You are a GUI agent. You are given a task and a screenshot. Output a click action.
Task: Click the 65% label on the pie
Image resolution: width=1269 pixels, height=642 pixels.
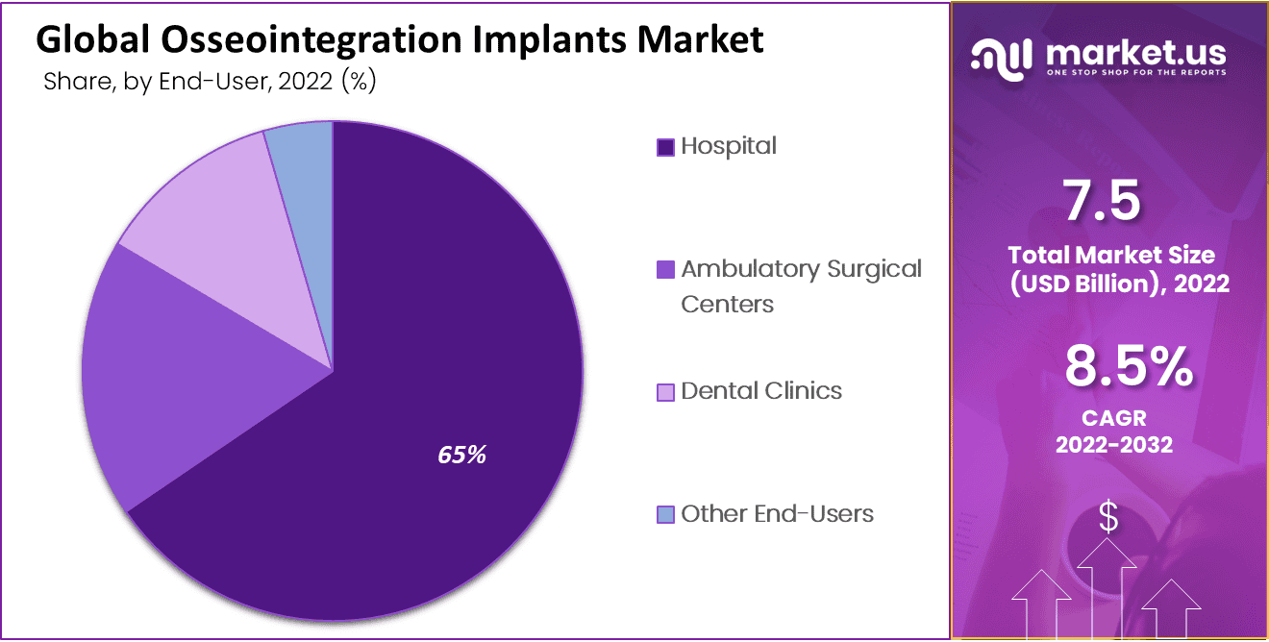tap(461, 455)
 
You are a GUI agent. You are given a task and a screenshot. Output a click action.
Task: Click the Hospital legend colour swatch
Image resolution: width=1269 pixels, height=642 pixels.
tap(665, 147)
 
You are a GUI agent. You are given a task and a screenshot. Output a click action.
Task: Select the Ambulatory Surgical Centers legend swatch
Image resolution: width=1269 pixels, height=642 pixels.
tap(665, 270)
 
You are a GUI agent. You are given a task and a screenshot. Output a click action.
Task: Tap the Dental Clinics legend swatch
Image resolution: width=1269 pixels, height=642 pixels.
tap(665, 392)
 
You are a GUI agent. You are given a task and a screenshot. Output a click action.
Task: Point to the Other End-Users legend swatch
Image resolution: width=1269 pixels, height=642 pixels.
tap(665, 515)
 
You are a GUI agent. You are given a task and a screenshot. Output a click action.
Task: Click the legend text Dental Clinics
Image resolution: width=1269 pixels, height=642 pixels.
tap(761, 391)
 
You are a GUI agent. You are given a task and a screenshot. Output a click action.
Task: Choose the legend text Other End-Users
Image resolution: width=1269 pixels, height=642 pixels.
tap(777, 514)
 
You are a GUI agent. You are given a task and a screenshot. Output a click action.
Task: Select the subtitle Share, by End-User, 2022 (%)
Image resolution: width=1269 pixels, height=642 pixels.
tap(210, 82)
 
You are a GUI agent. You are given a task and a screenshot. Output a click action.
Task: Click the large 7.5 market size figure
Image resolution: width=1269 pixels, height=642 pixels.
tap(1103, 201)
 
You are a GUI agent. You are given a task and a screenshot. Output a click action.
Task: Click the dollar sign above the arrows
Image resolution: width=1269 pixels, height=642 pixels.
tap(1108, 517)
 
